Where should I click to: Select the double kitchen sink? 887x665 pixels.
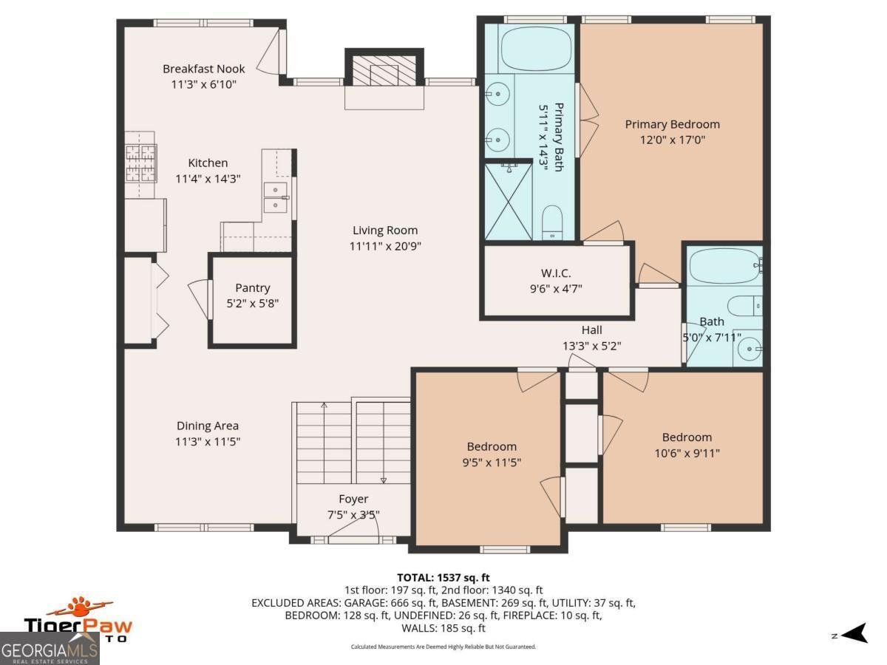coord(276,196)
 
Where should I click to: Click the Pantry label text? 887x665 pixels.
coord(252,287)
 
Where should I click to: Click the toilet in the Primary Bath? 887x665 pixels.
coord(552,222)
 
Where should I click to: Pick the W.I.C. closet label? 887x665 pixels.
coord(556,273)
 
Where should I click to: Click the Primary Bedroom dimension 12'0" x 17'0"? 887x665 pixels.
coord(672,139)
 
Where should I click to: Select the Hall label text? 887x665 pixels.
coord(591,330)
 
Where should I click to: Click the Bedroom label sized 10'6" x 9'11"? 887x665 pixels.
coord(687,437)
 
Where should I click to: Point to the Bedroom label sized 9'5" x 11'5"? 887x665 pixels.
coord(492,446)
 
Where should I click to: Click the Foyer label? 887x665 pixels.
coord(353,499)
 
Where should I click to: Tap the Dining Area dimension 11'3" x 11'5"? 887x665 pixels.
coord(207,441)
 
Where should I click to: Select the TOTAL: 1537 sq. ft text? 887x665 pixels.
coord(443,577)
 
